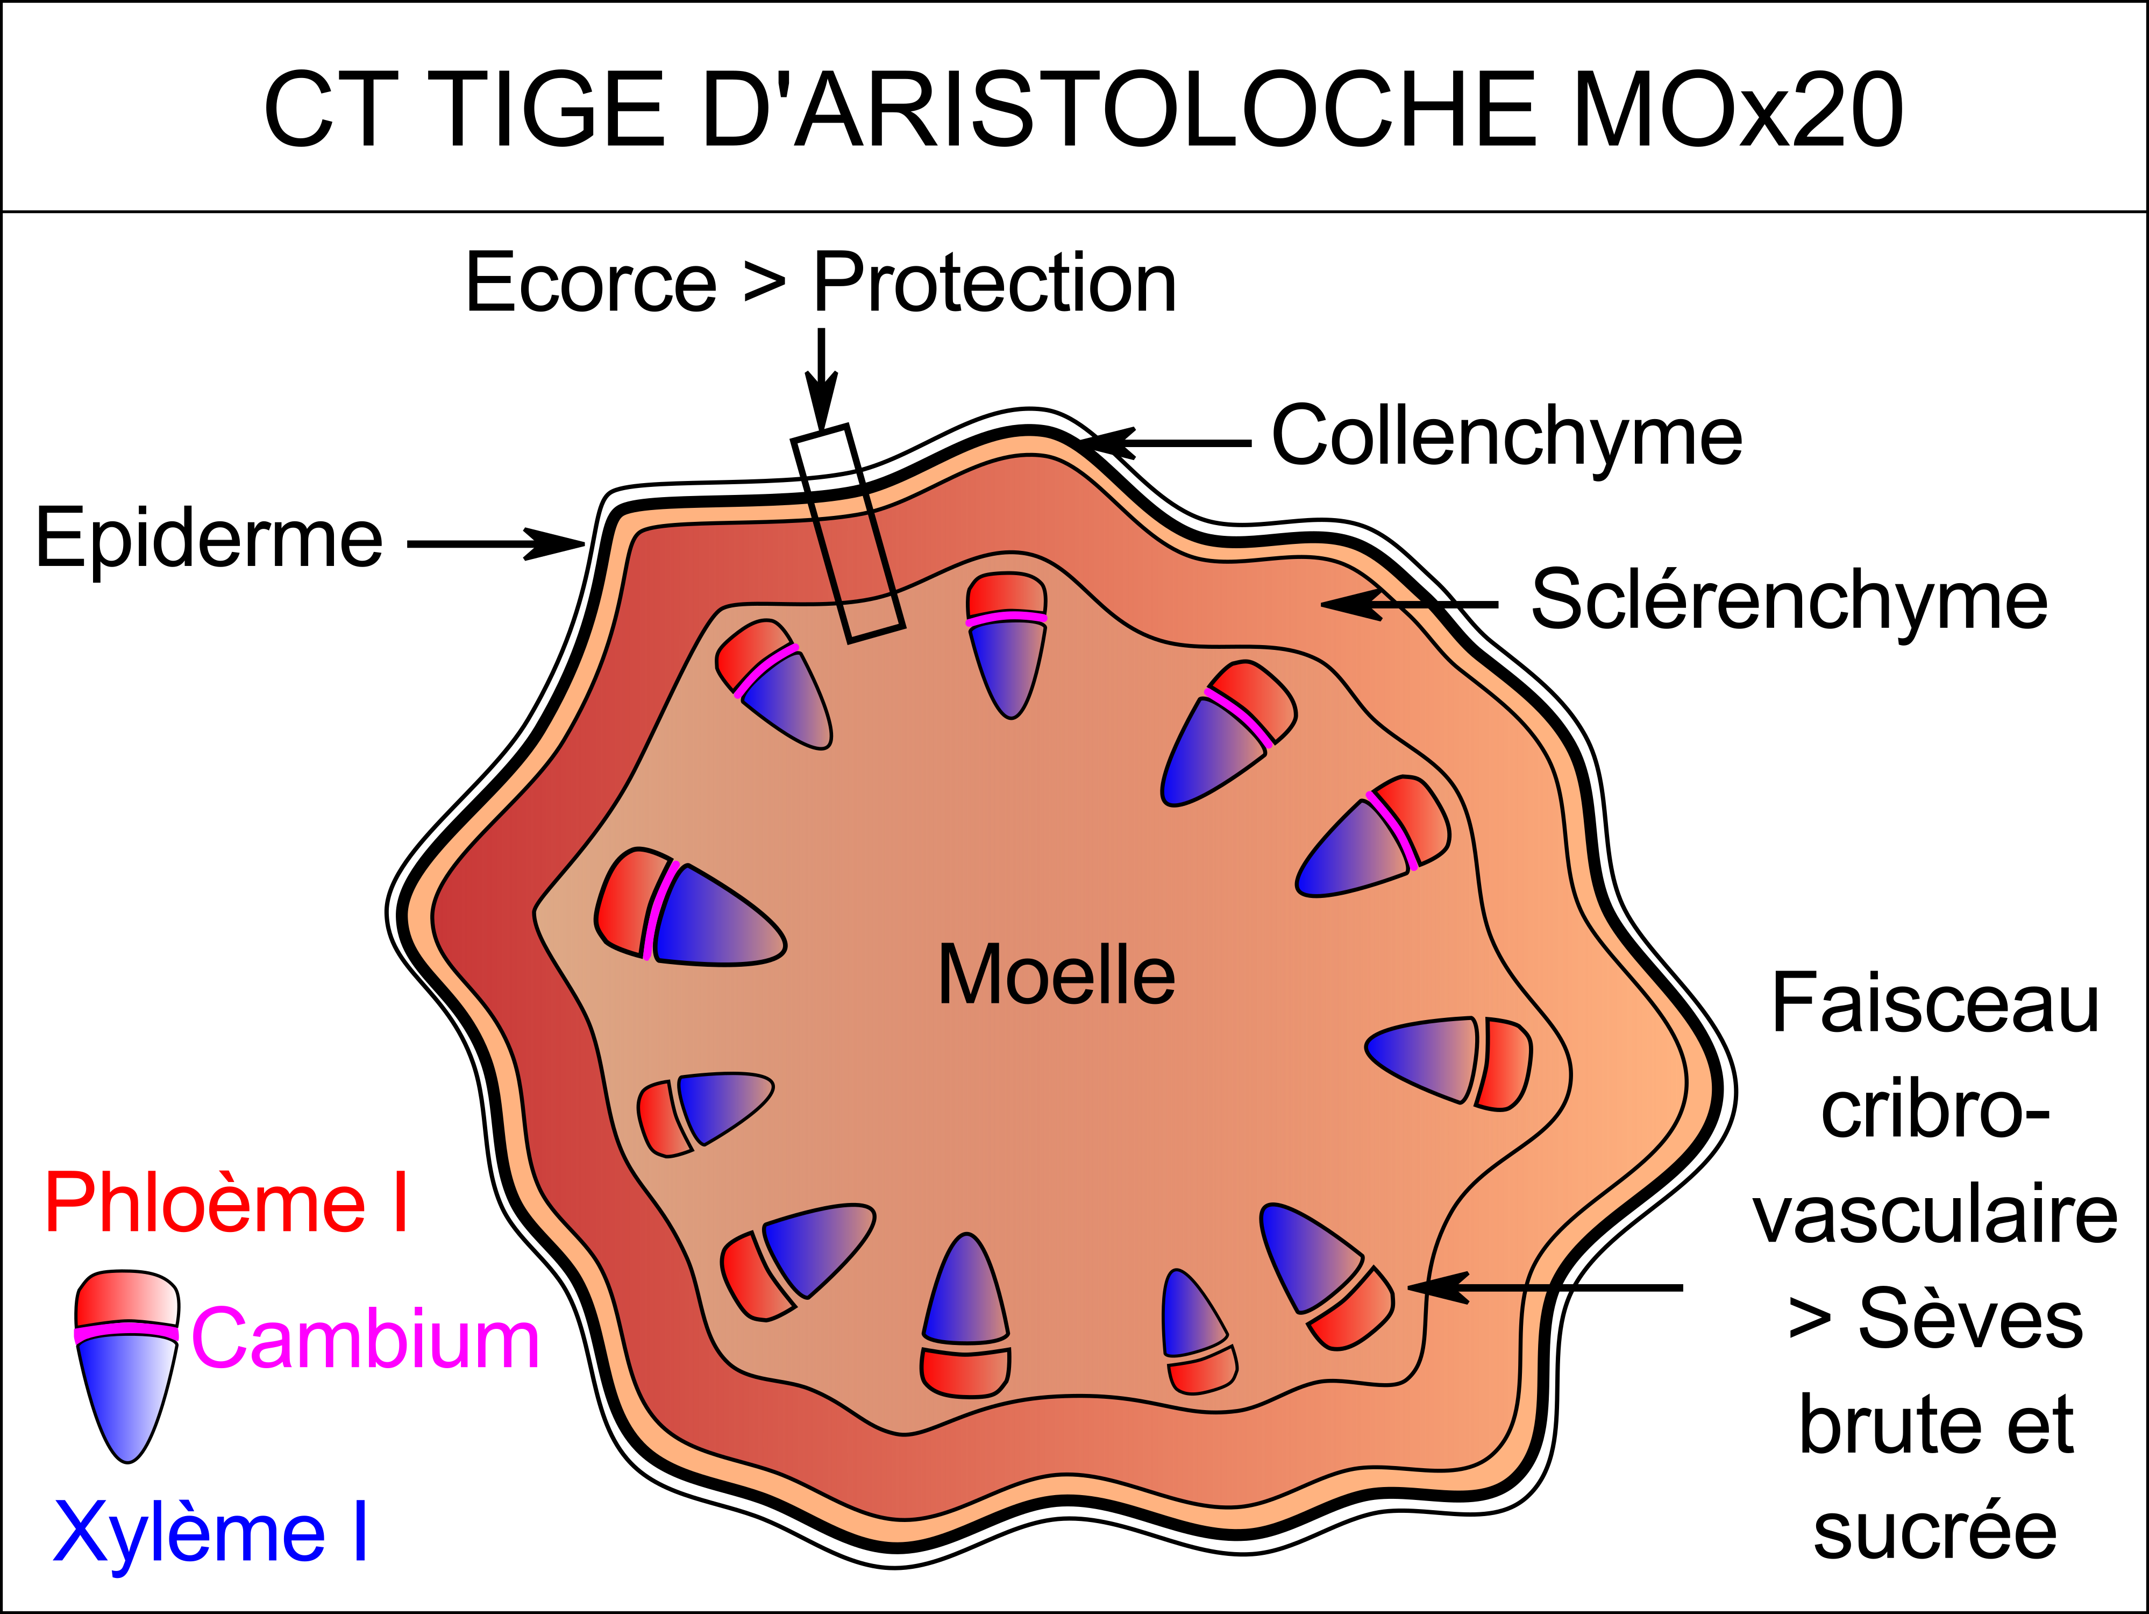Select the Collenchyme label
click(x=1507, y=436)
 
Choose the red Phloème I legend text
click(x=226, y=1203)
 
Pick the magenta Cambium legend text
click(x=365, y=1338)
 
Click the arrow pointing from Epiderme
click(x=495, y=543)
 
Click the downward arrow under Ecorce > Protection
click(x=821, y=379)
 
